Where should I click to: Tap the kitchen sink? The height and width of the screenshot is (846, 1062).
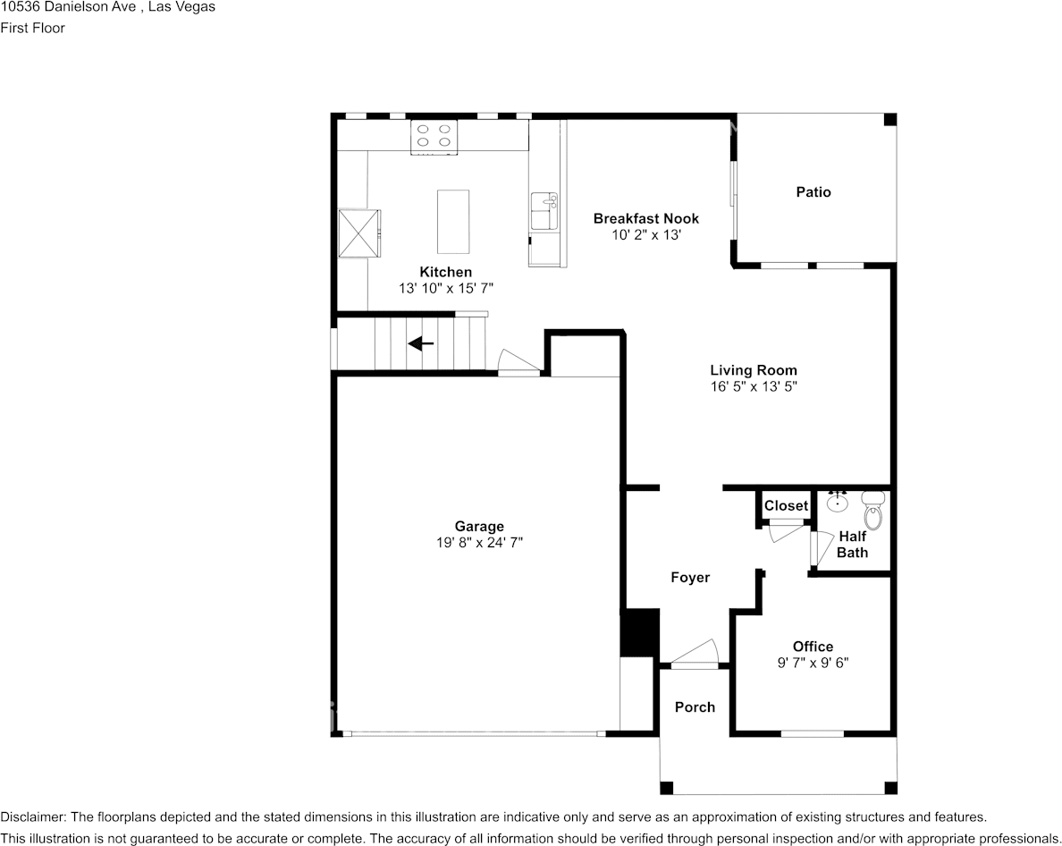pos(544,212)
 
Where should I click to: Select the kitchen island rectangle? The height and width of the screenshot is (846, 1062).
pos(452,221)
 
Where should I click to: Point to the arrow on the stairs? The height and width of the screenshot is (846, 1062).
pos(421,343)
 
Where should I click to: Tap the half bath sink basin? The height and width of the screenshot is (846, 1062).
pos(838,503)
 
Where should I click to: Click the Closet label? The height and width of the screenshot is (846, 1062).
pos(786,505)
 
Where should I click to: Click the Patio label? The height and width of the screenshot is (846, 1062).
pos(813,191)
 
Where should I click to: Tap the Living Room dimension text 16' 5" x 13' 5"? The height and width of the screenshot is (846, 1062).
pos(754,386)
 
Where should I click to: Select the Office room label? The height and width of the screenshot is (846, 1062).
pos(813,647)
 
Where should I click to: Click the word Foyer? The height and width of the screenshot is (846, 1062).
pos(690,578)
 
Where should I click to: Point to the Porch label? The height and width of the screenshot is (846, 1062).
pos(695,706)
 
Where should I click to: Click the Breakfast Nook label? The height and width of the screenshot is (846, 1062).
pos(646,218)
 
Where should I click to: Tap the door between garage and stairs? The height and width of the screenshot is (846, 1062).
pos(518,365)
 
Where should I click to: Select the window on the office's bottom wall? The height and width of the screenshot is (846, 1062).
pos(812,734)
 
